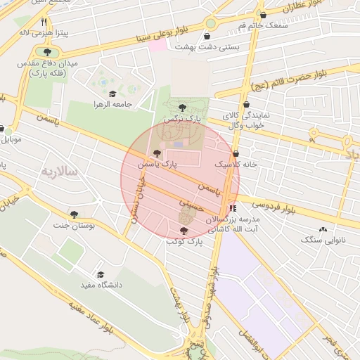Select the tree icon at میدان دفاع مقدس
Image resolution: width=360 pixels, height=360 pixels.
47,52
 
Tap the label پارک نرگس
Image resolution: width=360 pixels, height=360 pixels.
182,120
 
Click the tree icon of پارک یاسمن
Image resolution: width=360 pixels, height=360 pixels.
157,153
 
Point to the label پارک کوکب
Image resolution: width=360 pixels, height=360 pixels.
184,241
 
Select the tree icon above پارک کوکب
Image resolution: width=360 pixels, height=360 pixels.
184,231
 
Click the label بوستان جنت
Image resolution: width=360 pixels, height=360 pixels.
74,226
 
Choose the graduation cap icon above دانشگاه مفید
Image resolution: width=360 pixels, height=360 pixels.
101,274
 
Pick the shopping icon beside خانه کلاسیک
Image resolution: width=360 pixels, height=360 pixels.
236,153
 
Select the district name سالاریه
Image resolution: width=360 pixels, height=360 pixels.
59,172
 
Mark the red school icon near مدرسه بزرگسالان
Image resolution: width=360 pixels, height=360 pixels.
233,208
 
